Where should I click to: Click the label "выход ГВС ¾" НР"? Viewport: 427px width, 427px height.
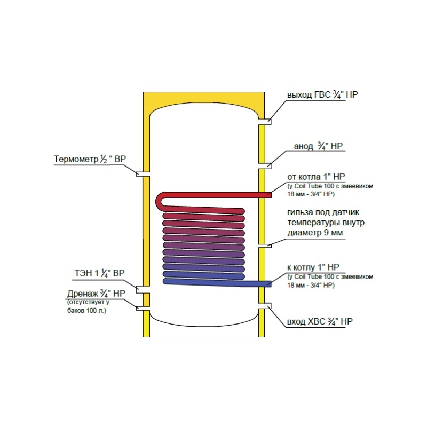322,95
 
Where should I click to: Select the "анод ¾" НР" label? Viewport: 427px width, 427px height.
318,146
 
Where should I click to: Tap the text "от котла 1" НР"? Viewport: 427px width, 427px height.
316,177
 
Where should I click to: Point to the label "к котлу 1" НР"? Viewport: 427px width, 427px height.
313,267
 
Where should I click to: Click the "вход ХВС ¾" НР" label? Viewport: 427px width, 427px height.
320,322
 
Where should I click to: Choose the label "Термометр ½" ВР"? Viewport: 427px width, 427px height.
90,159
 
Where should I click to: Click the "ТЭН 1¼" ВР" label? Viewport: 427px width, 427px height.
99,273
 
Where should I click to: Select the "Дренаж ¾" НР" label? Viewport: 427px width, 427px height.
96,294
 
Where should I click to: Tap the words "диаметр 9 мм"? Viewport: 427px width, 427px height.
315,233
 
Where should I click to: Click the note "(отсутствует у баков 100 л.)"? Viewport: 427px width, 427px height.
88,306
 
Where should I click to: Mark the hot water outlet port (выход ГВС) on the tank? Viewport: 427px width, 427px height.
265,122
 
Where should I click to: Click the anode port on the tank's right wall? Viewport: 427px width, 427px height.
265,166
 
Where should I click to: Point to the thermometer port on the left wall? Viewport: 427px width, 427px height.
143,174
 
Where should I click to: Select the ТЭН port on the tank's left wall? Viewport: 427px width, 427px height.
143,290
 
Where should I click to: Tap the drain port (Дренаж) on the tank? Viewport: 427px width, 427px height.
143,309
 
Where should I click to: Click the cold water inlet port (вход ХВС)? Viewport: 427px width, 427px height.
265,306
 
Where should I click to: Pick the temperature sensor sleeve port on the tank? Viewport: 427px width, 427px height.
265,246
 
